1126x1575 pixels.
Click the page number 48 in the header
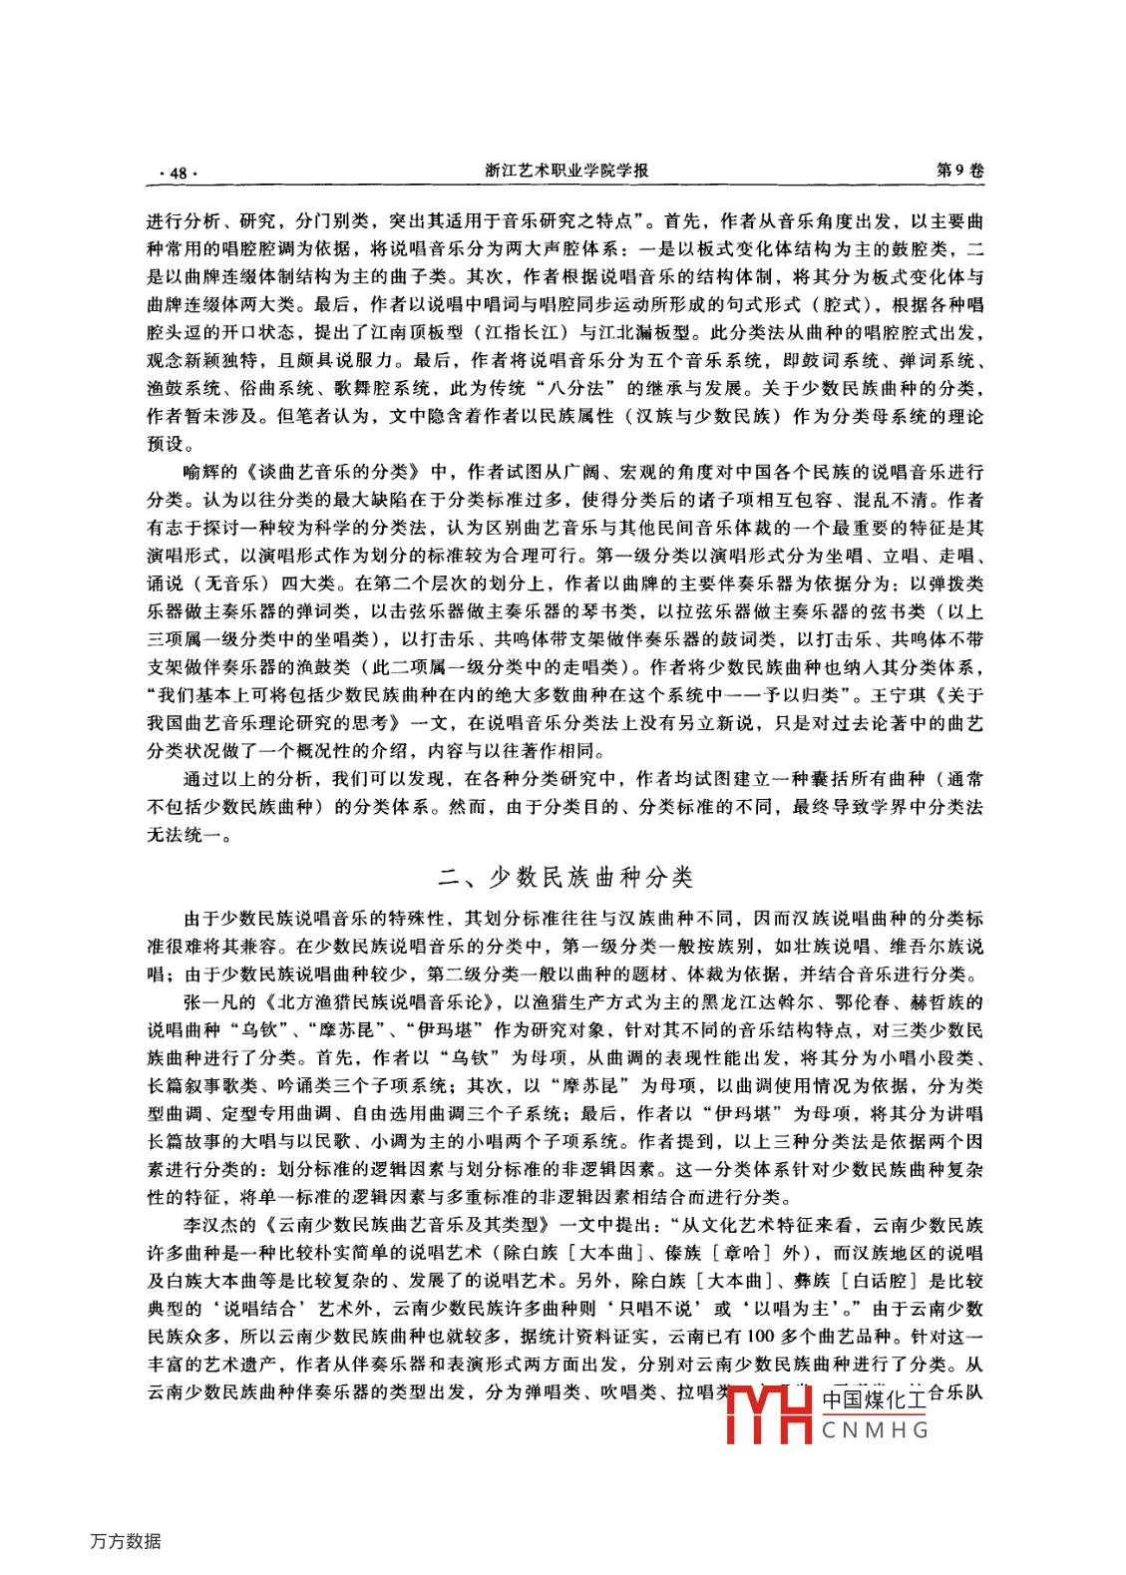179,173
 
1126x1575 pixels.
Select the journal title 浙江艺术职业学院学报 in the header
566,171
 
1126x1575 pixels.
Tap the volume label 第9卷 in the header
959,171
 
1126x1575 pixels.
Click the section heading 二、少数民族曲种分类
565,878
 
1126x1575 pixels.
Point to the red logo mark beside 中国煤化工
769,1414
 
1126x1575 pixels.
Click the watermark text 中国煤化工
875,1400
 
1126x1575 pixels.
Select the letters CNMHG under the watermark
875,1430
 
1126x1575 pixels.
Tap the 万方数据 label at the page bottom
126,1541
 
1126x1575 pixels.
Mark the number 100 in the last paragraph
760,1337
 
